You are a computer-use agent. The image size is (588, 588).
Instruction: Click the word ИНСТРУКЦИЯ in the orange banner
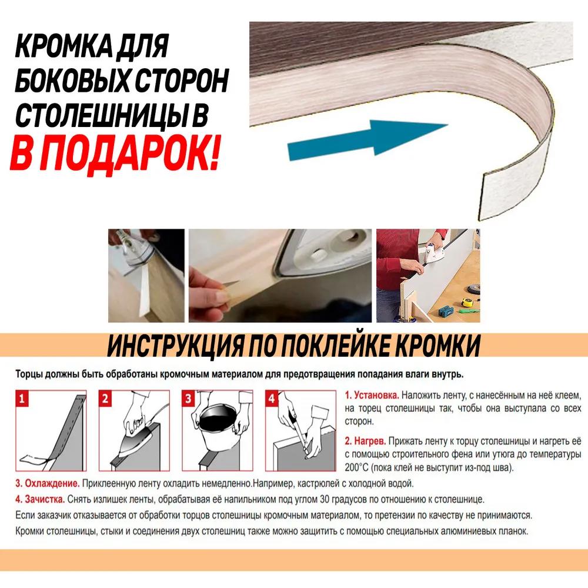tap(175, 346)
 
